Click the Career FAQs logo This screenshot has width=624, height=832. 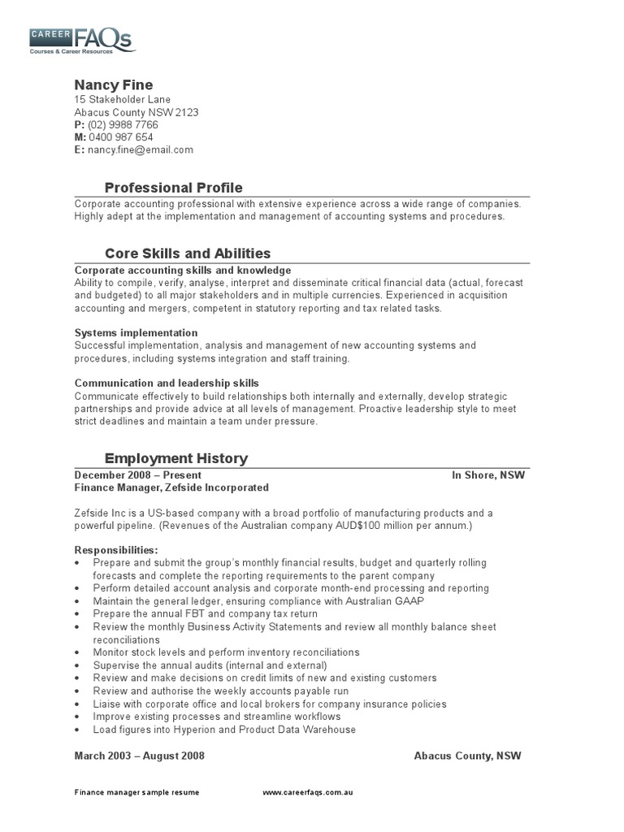(x=80, y=39)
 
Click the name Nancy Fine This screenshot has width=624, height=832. (x=114, y=85)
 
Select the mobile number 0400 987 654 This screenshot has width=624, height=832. (x=120, y=137)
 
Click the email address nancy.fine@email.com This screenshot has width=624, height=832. (x=141, y=149)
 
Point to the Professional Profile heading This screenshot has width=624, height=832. (x=174, y=188)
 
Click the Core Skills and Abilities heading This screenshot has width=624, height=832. (x=188, y=253)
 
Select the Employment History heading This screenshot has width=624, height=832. (x=176, y=459)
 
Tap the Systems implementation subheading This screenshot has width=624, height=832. (x=136, y=333)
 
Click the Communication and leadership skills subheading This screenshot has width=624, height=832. (x=167, y=383)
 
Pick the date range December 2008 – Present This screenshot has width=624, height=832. (x=138, y=475)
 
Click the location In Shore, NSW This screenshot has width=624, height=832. (x=488, y=475)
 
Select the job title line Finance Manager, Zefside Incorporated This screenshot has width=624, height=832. (x=171, y=488)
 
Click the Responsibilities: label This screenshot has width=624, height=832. (x=116, y=550)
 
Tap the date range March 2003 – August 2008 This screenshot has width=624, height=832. (x=140, y=756)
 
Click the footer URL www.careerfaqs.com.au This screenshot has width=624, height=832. (x=308, y=791)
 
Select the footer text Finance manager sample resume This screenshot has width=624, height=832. (x=136, y=791)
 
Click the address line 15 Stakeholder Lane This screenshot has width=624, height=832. (x=123, y=100)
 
